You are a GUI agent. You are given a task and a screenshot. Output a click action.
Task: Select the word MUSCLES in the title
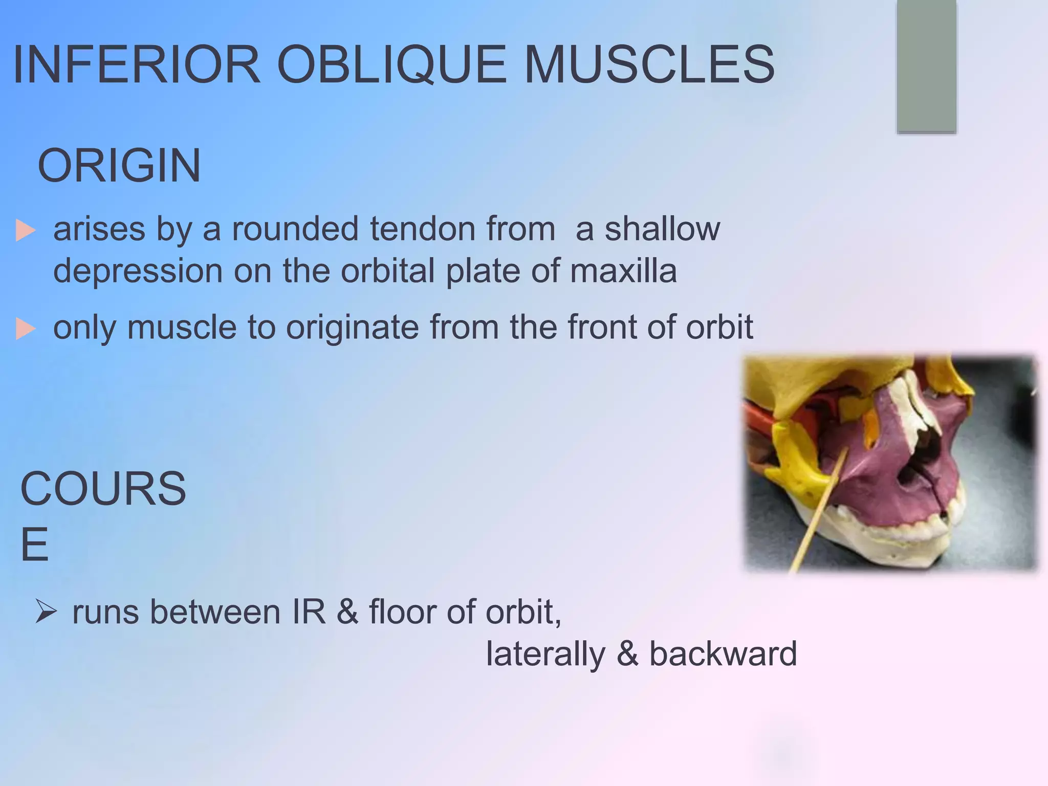[x=649, y=65]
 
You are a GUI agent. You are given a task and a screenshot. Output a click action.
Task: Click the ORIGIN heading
[x=119, y=166]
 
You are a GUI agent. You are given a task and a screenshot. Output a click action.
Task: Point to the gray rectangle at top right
[x=926, y=67]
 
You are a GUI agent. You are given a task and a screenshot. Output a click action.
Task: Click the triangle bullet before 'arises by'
[x=26, y=230]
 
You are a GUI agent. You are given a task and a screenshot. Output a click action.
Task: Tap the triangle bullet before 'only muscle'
[x=26, y=329]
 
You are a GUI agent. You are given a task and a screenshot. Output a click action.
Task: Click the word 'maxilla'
[x=623, y=271]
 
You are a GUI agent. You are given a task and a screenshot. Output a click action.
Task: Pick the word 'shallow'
[x=662, y=229]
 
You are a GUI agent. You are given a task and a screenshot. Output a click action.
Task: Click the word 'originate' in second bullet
[x=352, y=327]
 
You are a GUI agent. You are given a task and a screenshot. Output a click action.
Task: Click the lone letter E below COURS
[x=34, y=544]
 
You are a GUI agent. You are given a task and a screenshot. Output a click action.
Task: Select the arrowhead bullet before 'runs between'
[x=46, y=612]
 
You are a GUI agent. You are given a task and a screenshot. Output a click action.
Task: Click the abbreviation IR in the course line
[x=309, y=612]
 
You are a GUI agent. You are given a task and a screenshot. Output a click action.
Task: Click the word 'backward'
[x=723, y=654]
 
